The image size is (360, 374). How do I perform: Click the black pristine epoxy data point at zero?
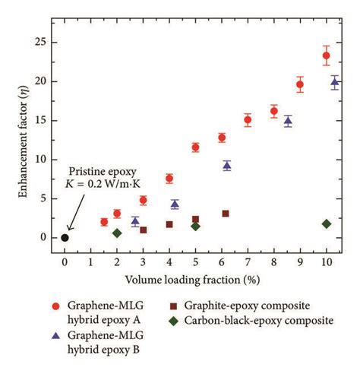point(65,238)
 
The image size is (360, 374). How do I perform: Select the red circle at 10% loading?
point(327,55)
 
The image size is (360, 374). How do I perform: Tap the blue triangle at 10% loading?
point(335,82)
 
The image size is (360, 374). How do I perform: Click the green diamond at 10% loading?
point(327,223)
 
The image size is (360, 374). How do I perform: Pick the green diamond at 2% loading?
point(117,233)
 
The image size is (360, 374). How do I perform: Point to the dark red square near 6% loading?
point(226,214)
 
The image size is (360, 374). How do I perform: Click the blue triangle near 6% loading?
point(227,165)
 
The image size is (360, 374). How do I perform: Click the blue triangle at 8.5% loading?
point(288,121)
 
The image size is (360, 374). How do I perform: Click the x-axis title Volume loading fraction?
point(195,279)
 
